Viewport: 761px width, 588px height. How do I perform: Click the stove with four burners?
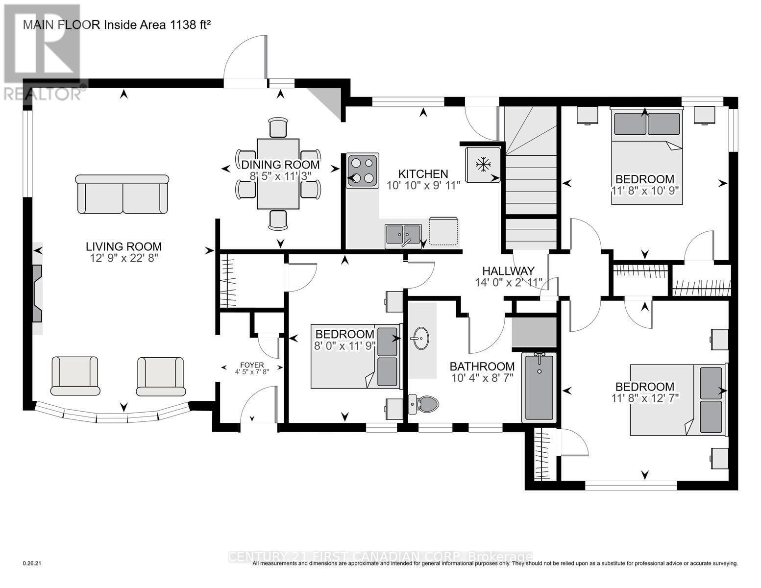[363, 171]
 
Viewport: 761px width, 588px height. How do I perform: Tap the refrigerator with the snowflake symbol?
[483, 165]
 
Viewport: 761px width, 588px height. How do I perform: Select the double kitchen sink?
[403, 235]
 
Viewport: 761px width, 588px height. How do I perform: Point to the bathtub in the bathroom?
[540, 387]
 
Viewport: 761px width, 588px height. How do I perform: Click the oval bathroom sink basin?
[419, 338]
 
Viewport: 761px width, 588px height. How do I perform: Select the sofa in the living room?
[123, 195]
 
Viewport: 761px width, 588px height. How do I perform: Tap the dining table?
[278, 174]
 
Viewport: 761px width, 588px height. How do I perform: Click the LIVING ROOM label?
[124, 247]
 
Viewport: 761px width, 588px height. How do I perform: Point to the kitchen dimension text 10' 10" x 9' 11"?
[423, 185]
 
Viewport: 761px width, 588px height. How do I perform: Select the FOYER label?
[252, 365]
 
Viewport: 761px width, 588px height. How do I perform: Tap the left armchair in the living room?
[75, 376]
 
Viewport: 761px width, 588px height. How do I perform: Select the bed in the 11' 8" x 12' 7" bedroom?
[677, 399]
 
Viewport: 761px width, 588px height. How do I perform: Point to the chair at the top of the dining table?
[278, 128]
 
